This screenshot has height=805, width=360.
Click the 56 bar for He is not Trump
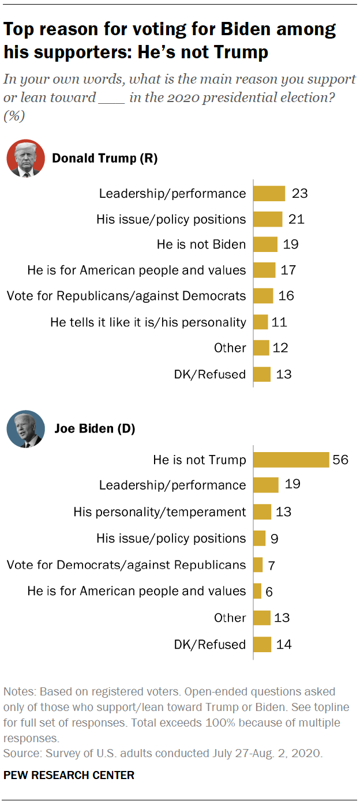point(291,459)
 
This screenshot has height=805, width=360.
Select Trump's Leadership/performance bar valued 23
point(269,193)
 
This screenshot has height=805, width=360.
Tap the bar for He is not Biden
point(266,244)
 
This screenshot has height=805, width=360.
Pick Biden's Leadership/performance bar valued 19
point(266,485)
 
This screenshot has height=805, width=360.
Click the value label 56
point(339,459)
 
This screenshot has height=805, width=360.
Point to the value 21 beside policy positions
point(297,219)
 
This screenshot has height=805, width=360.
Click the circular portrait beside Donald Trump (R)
point(25,158)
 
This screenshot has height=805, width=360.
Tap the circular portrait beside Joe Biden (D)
point(25,429)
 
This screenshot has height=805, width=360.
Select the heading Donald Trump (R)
point(104,158)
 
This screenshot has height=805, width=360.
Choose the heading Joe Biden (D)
point(95,429)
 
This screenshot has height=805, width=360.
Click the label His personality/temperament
point(159,511)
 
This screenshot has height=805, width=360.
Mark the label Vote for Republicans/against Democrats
point(126,296)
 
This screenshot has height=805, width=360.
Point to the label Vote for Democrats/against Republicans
point(126,565)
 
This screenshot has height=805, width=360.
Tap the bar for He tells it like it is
point(261,322)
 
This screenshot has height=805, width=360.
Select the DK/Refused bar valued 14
point(262,644)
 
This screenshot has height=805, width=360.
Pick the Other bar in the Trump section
point(261,348)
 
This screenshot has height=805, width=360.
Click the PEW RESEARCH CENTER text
point(69,775)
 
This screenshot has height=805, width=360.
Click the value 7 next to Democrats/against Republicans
point(271,565)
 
